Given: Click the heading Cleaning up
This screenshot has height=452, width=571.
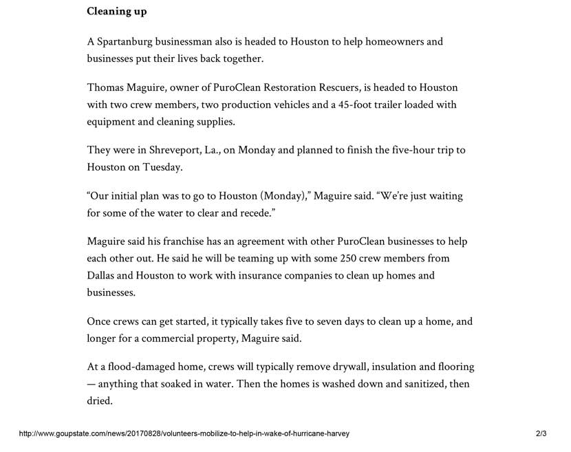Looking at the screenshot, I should pos(116,12).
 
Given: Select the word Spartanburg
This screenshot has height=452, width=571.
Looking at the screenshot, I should pos(128,41).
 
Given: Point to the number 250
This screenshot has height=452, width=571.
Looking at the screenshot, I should pos(349,259).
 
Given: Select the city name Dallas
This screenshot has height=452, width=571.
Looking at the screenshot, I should pos(103,276).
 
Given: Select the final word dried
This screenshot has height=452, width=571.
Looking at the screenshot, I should pos(100,401).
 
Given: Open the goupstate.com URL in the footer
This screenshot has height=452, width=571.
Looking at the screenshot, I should pos(184,434).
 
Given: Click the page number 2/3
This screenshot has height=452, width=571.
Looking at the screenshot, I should pos(541,434).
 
